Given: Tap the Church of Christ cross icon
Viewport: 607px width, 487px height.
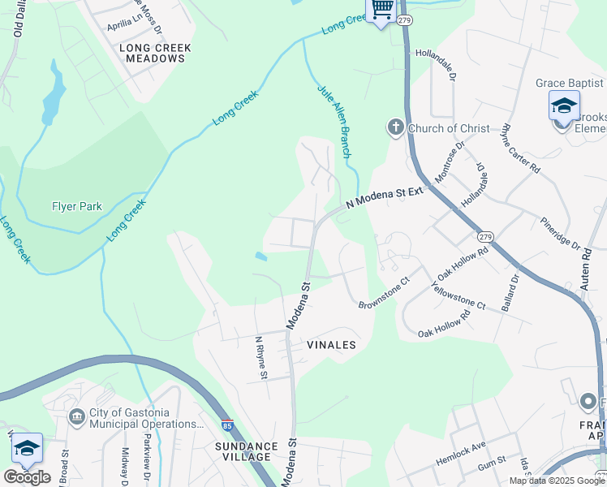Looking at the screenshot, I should pyautogui.click(x=395, y=127).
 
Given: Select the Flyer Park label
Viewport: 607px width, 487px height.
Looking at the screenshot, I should pyautogui.click(x=77, y=206).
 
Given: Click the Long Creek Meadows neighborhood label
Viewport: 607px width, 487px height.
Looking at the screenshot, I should pyautogui.click(x=155, y=53).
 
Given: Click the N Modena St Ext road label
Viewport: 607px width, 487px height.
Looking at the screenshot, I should pyautogui.click(x=385, y=199).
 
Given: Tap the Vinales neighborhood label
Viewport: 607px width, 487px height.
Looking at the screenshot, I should pyautogui.click(x=331, y=345).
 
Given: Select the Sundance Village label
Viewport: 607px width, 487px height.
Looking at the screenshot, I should pyautogui.click(x=246, y=451).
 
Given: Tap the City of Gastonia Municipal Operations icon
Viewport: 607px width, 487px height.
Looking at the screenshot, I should pyautogui.click(x=77, y=416).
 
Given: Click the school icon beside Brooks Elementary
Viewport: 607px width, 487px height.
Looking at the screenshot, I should pyautogui.click(x=564, y=107).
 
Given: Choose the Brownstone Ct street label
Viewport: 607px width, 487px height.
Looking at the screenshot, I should pyautogui.click(x=384, y=297).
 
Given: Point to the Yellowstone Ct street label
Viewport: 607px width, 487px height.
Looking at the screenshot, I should pyautogui.click(x=458, y=296).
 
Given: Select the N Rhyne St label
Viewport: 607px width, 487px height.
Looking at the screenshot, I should pyautogui.click(x=260, y=357).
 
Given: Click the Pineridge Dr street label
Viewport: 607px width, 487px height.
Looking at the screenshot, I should pyautogui.click(x=559, y=234).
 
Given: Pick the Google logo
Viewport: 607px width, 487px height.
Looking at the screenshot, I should pyautogui.click(x=27, y=477).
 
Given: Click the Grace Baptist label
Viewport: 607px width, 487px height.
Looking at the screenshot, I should pyautogui.click(x=569, y=83).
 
